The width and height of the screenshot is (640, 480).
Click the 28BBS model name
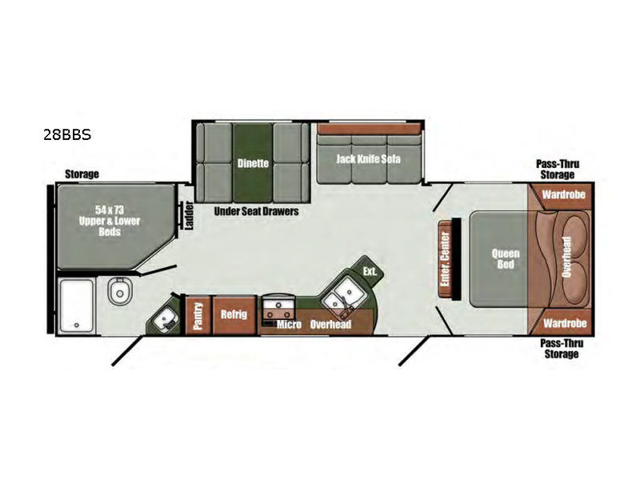(x=67, y=134)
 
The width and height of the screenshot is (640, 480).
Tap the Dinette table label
(x=253, y=163)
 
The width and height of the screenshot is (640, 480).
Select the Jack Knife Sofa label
(x=368, y=158)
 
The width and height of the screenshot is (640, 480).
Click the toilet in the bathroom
(x=119, y=291)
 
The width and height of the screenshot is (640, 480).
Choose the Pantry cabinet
(x=198, y=315)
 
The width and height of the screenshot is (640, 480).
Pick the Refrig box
(x=234, y=314)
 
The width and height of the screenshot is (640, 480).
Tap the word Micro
(x=289, y=324)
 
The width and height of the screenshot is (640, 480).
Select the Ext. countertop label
(x=370, y=271)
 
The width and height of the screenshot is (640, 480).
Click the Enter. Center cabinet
(x=446, y=259)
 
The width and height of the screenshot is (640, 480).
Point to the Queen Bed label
(x=506, y=258)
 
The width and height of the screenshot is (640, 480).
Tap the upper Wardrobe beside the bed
(x=564, y=194)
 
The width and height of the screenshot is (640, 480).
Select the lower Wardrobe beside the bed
(x=565, y=323)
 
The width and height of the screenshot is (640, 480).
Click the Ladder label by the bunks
(x=189, y=215)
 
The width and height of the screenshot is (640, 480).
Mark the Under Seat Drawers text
(x=256, y=211)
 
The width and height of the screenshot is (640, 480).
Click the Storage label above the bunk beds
(x=82, y=174)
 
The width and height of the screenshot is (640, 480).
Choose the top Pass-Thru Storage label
(x=558, y=170)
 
